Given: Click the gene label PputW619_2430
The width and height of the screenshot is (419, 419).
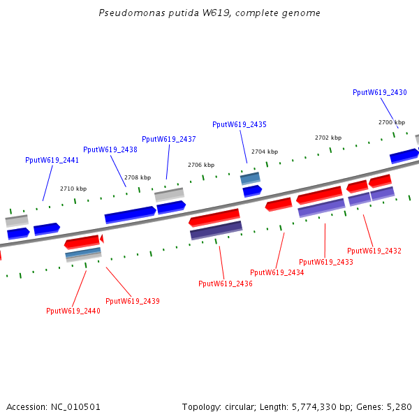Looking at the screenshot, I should [379, 92].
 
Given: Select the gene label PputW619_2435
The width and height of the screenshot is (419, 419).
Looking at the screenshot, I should [239, 124].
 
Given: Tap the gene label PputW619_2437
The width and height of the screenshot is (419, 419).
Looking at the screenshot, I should [168, 139].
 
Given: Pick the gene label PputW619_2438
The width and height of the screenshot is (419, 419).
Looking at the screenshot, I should [110, 149].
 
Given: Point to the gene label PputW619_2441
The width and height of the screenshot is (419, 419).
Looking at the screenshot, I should [52, 160].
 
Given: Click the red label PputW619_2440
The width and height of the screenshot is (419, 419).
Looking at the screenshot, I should [73, 311].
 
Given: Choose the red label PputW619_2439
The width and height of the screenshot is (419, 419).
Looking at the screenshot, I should [133, 301].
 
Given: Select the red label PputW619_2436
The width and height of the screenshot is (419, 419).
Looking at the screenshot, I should [226, 284].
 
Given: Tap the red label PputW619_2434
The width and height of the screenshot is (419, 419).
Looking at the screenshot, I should [277, 272].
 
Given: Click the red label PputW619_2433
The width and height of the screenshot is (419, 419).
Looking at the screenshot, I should [326, 262].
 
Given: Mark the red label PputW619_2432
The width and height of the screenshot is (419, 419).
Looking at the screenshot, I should [374, 251].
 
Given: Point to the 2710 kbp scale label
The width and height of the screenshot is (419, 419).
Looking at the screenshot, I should [73, 189].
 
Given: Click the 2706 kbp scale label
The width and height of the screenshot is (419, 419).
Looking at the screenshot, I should [201, 165].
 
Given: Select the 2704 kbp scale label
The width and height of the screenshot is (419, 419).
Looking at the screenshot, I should [265, 152].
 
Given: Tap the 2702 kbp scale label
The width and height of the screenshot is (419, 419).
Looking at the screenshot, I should [328, 138].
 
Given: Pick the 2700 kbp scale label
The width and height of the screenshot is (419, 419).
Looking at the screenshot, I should [392, 122].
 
